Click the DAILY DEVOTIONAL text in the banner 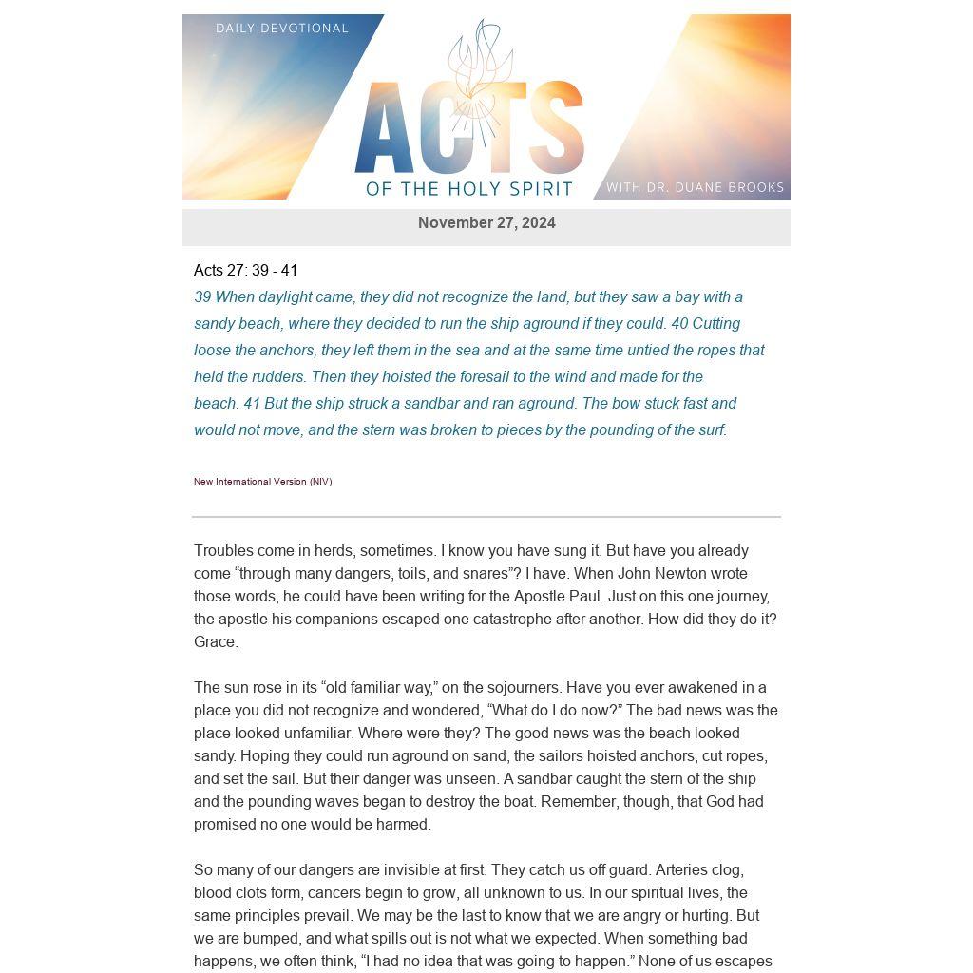(x=282, y=29)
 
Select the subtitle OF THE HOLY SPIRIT (x=469, y=188)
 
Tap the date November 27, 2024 (x=486, y=223)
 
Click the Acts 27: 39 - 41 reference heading (x=246, y=271)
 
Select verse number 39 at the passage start (x=202, y=297)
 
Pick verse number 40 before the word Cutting (x=679, y=324)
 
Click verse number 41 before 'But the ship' (x=252, y=404)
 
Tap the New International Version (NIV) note (x=263, y=482)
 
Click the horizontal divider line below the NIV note (x=486, y=517)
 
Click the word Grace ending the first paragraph (x=215, y=642)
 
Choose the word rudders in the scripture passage (x=276, y=377)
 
